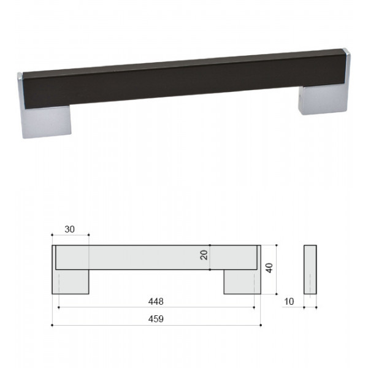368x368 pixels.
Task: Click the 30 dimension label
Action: (70, 229)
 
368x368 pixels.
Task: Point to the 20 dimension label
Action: (204, 255)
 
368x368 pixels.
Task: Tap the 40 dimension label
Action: (269, 268)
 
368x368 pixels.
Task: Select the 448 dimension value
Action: (156, 301)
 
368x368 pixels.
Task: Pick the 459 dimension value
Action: (156, 319)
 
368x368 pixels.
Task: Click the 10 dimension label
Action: (289, 302)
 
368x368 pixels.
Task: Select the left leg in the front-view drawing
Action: (71, 282)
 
